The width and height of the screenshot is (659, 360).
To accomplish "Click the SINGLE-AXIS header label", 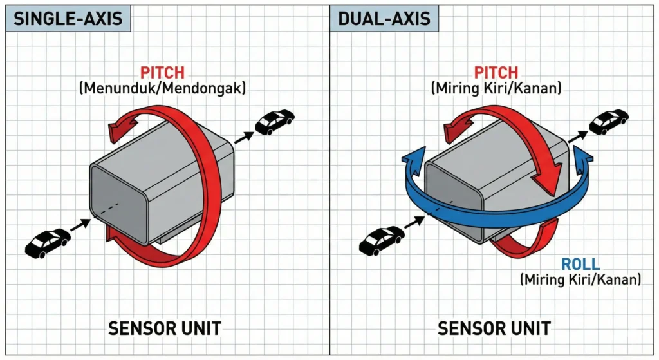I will point(68,19).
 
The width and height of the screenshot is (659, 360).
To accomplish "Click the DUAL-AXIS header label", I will point(384,19).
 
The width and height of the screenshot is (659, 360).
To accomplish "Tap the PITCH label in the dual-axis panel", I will point(496,73).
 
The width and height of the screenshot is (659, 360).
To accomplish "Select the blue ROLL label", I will point(580,264).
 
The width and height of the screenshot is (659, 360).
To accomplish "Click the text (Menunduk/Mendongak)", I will point(162,88).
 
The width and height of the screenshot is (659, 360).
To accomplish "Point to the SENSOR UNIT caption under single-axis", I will point(165,328).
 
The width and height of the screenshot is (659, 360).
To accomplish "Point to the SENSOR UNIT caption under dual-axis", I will point(494,328).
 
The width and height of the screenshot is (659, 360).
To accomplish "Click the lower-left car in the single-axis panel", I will point(47,243).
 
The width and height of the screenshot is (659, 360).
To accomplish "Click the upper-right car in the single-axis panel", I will point(275,122).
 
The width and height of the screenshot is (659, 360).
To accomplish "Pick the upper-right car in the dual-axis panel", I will point(609,120).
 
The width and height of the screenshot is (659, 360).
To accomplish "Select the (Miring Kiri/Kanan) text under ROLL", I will point(580,279).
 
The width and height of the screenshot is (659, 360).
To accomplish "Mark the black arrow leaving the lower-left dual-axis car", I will point(414,223).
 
